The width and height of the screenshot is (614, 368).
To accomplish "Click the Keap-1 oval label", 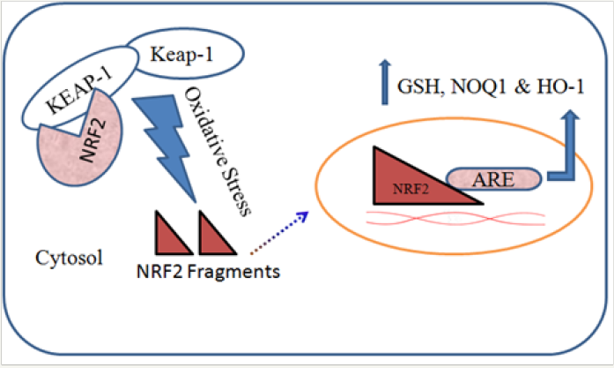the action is (x=181, y=54).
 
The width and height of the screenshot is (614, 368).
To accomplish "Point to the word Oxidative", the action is (x=203, y=122).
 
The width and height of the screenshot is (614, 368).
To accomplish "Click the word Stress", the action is (x=235, y=187).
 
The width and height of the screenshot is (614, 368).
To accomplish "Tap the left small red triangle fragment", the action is (x=174, y=233).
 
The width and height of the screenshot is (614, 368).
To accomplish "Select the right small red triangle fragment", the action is (x=218, y=233).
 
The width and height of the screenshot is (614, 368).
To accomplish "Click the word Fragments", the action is (x=233, y=272).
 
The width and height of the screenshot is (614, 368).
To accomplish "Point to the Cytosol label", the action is (x=69, y=259).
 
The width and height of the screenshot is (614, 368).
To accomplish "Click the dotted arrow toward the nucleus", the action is (x=279, y=233).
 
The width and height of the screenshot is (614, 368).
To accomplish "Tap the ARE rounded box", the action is (x=494, y=179).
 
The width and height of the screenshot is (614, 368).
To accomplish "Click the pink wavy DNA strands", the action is (x=455, y=218).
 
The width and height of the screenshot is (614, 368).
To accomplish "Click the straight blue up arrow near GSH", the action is (x=385, y=82).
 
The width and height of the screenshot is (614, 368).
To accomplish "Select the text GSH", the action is (x=418, y=86).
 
